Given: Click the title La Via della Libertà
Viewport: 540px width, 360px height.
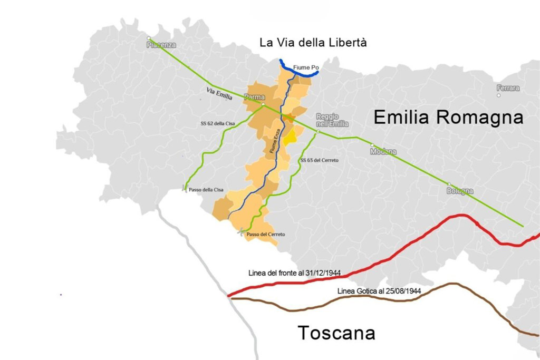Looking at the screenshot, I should [313, 43].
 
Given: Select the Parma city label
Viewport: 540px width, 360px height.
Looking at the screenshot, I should [254, 97].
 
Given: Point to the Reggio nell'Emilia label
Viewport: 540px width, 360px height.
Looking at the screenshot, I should [332, 120].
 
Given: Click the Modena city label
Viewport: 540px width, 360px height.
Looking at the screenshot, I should [383, 152].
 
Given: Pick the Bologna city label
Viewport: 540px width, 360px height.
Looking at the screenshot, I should [459, 191].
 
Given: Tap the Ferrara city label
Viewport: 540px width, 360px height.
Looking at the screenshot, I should [507, 88].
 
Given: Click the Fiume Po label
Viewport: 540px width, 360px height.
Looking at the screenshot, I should [306, 67].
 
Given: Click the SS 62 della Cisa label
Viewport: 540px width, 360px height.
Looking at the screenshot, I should [214, 123].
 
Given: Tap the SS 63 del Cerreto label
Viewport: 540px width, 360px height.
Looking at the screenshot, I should [319, 160].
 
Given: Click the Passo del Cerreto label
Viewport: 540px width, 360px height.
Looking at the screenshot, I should [266, 234].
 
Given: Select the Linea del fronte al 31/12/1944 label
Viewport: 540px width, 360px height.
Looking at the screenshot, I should [294, 273].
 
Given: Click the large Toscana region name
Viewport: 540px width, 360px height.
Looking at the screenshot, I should [336, 333].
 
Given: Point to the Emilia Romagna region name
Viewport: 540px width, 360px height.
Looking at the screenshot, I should [448, 118].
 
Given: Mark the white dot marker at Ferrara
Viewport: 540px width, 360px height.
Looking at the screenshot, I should [498, 95].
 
